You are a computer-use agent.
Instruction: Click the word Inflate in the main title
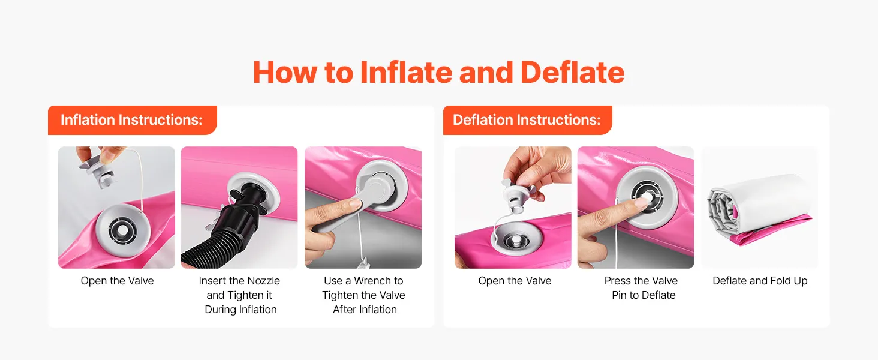point(405,72)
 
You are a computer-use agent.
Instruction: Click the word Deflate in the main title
point(572,72)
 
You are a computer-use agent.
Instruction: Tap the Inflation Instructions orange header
point(132,120)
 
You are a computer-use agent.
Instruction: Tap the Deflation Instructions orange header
point(527,120)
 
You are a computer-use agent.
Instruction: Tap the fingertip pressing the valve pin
point(642,202)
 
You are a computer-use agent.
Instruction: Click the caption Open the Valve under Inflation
point(117,281)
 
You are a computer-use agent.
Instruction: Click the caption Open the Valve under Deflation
point(515,281)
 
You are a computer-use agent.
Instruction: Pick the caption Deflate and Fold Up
point(760,281)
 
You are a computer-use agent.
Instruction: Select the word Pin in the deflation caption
point(619,295)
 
